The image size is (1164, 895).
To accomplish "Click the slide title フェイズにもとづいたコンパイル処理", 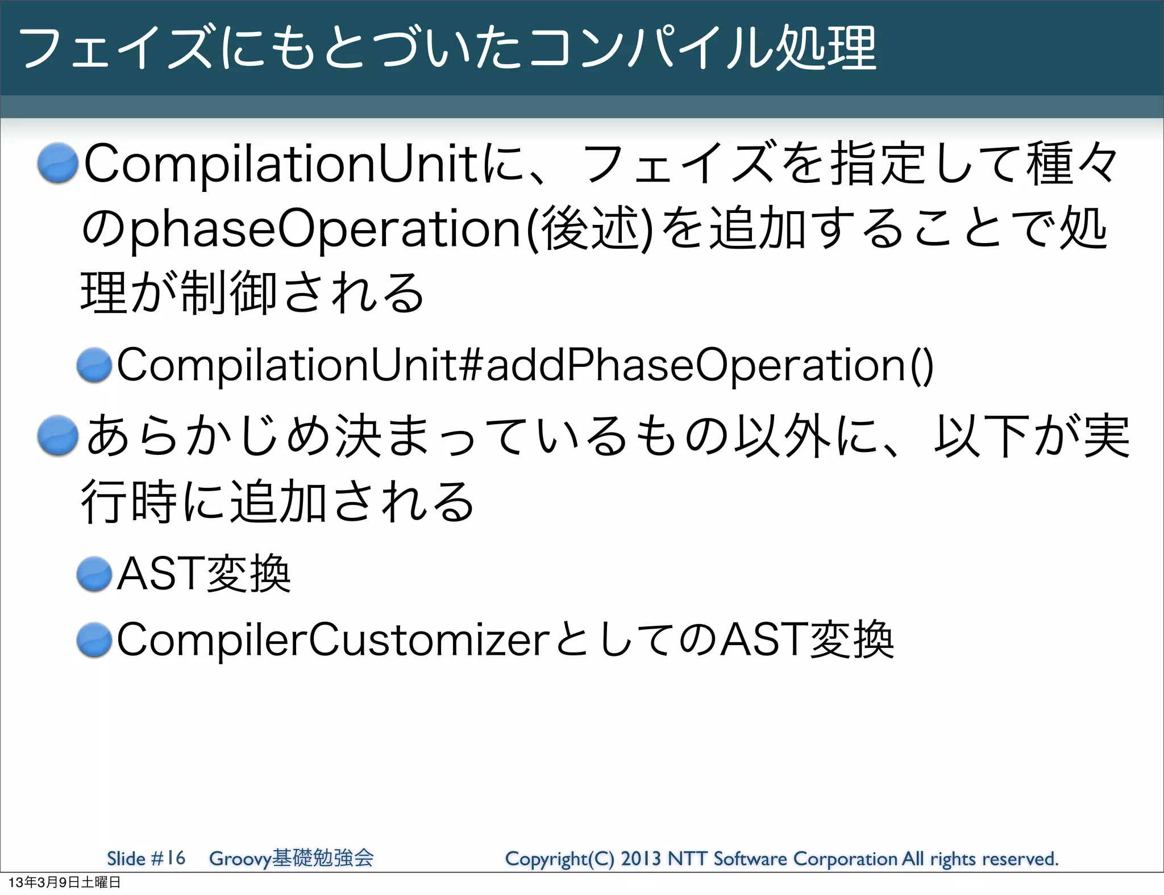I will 447,48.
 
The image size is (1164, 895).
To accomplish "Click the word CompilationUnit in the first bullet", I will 282,165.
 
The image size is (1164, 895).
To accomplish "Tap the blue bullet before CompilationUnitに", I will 57,164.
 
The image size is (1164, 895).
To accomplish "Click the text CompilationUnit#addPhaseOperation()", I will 525,365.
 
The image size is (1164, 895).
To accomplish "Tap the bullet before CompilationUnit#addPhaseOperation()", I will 94,365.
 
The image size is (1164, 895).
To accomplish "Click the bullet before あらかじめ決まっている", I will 57,436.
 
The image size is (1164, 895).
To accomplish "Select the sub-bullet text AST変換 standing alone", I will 203,574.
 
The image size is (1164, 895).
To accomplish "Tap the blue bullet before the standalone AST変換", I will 94,574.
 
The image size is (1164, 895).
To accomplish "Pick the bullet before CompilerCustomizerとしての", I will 94,640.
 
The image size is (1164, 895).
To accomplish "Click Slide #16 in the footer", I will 146,858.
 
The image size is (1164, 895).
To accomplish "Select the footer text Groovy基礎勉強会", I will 291,858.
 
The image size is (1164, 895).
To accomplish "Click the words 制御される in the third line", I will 301,294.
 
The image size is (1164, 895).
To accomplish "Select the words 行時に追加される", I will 277,501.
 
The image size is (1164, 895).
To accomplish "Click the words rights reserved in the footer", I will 994,859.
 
